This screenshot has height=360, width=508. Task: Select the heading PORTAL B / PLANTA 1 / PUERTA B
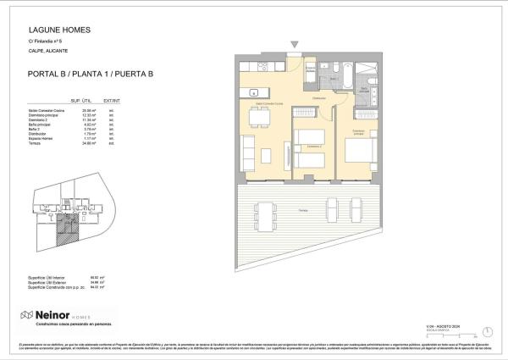pos(84,75)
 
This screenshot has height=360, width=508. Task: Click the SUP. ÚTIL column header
pos(80,100)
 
